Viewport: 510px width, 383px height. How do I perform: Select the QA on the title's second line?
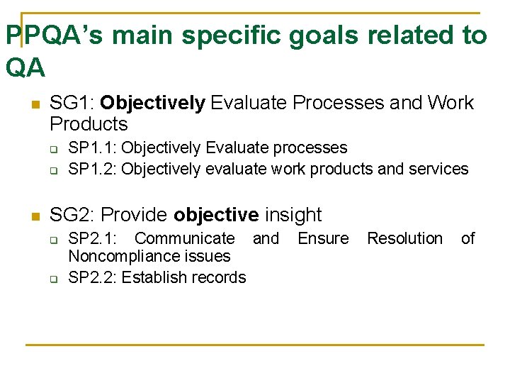[25, 67]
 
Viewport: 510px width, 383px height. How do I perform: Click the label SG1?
[72, 103]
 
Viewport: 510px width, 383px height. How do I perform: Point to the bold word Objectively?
[152, 103]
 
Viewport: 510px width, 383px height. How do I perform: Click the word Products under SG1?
[89, 124]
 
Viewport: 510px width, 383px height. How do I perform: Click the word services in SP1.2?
[443, 169]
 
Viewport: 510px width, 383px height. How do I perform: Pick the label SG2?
[72, 215]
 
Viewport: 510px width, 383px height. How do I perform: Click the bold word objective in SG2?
[216, 215]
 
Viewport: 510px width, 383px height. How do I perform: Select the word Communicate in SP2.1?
[184, 238]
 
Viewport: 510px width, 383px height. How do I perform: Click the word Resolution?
[404, 238]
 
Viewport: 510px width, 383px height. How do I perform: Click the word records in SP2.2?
[220, 277]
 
